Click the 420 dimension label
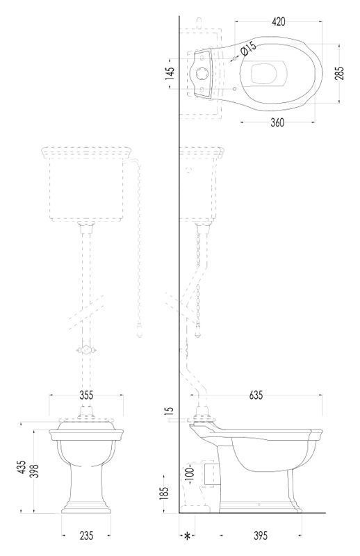click(279, 22)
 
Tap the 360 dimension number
click(277, 122)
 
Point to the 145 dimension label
click(170, 74)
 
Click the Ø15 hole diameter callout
click(248, 48)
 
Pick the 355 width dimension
click(86, 395)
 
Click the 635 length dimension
click(256, 395)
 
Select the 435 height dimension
click(22, 468)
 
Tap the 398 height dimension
click(35, 471)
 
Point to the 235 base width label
click(86, 535)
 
